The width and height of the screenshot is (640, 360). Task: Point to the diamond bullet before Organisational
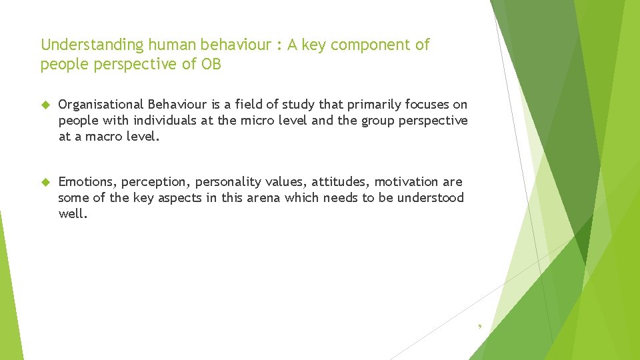[x=45, y=105]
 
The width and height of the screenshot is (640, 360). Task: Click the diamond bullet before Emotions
[x=45, y=182]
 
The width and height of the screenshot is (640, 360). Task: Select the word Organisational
[x=101, y=105]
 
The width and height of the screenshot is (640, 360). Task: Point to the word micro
[x=257, y=121]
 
